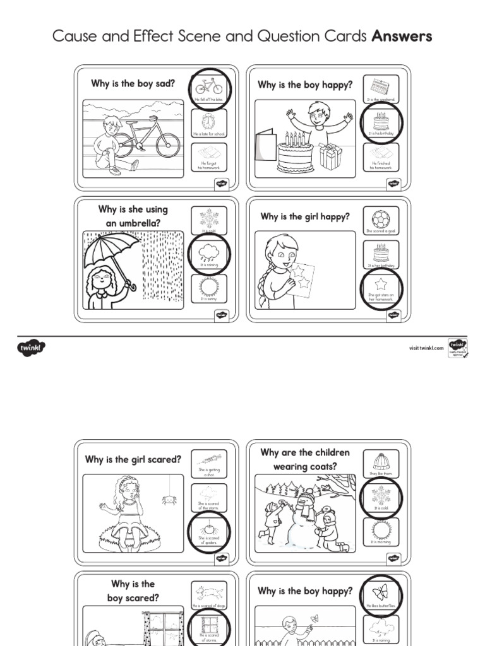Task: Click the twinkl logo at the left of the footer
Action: pyautogui.click(x=32, y=346)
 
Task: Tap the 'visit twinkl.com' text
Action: pyautogui.click(x=426, y=347)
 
